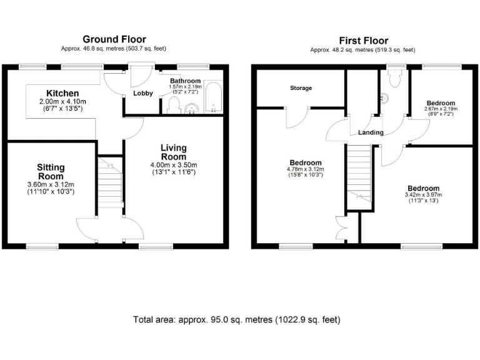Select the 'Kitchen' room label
coord(62,93)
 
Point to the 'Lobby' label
coord(143,93)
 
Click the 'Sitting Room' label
coord(51,171)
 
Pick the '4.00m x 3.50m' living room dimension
coord(173,165)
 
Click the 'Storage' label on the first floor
coord(301,88)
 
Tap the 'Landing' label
coord(371,132)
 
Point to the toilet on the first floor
coord(394,77)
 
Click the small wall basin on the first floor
coord(384,97)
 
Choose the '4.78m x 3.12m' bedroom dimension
coord(304,169)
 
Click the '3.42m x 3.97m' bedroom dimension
coord(423,195)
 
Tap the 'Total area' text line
coord(237,319)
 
